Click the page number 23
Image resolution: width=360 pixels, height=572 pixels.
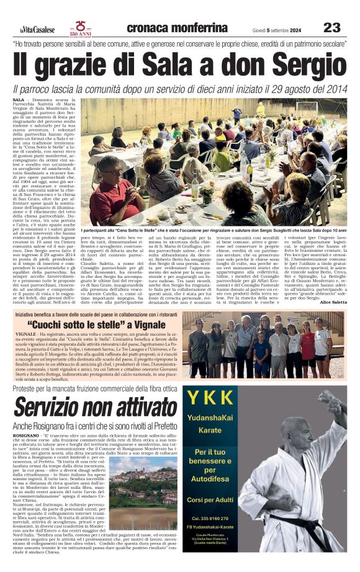[x=331, y=27]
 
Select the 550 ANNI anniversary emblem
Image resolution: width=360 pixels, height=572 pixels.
[x=81, y=28]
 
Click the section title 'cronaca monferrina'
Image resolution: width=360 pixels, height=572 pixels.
[x=176, y=28]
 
